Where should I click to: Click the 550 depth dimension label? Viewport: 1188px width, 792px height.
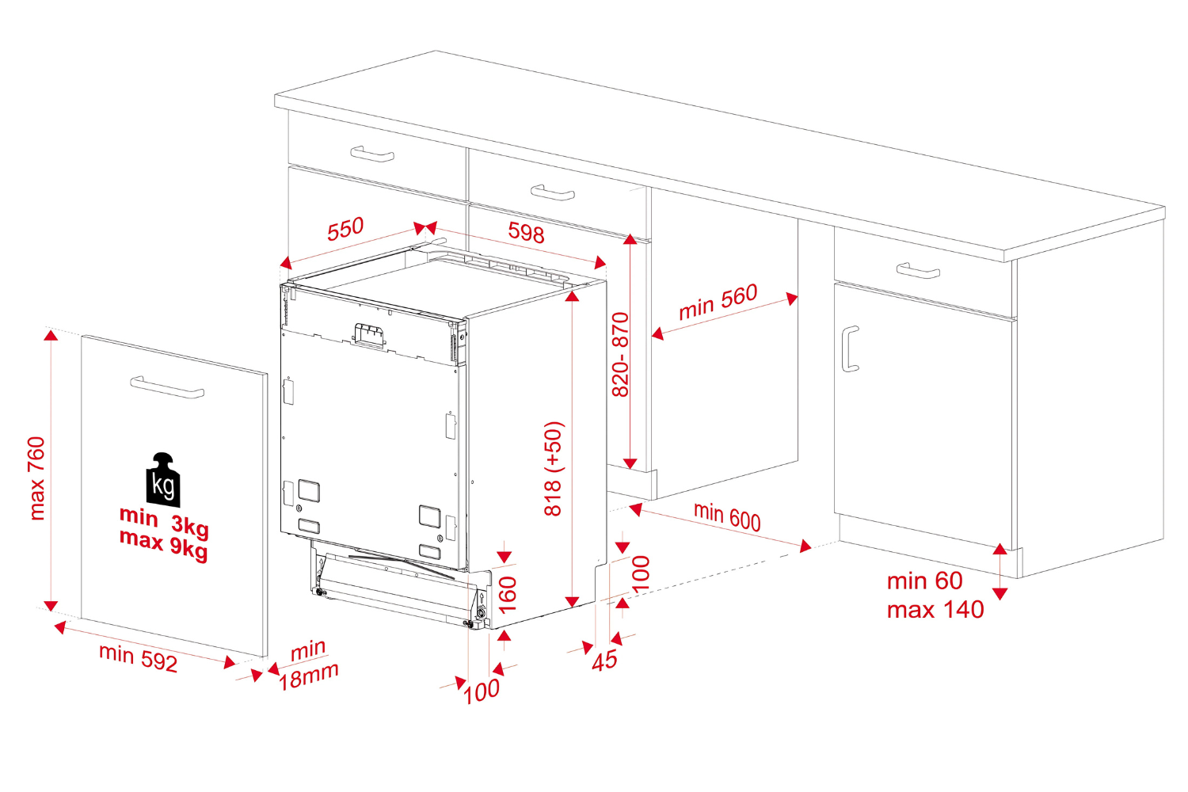[x=345, y=230]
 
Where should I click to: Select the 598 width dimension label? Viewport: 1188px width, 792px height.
[x=526, y=233]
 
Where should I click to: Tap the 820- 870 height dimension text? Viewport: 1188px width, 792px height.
[x=620, y=354]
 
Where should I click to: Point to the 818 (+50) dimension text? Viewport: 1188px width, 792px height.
[x=554, y=468]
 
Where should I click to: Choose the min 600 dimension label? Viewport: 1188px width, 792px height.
[x=727, y=516]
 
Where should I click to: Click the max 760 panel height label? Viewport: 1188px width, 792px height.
[x=36, y=478]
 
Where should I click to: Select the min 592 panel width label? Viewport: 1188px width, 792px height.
[x=138, y=657]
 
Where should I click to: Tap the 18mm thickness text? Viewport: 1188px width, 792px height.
[x=309, y=676]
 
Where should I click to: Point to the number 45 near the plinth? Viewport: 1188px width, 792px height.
[x=605, y=661]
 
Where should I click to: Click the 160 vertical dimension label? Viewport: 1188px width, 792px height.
[x=508, y=594]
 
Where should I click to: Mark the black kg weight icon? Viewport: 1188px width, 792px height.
[x=163, y=480]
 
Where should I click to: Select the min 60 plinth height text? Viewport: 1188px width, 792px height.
[x=924, y=581]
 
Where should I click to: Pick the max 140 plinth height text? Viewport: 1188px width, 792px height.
[x=935, y=610]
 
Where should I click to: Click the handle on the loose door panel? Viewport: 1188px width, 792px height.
[x=167, y=387]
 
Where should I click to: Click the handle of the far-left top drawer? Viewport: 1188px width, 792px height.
[x=372, y=154]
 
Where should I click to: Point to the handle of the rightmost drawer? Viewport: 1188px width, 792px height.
[x=918, y=271]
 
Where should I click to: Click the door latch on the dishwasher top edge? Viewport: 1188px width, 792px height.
[x=369, y=335]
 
